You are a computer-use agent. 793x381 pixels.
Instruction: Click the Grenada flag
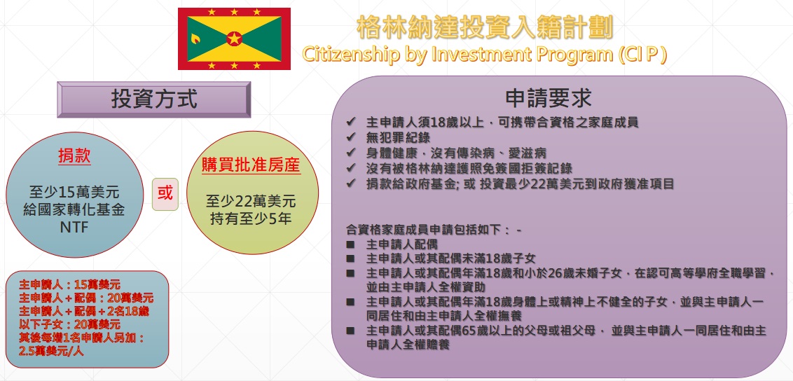click(x=234, y=39)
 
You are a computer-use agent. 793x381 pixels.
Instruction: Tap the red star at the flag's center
click(x=234, y=39)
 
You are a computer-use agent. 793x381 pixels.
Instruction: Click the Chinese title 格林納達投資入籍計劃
click(x=485, y=27)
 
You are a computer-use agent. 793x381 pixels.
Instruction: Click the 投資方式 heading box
click(x=153, y=99)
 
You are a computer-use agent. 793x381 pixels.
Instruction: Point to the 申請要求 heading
click(x=548, y=99)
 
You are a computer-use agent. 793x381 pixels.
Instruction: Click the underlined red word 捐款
click(x=74, y=157)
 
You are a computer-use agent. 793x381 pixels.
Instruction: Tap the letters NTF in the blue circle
click(x=74, y=228)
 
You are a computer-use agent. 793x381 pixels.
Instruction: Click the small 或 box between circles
click(x=165, y=193)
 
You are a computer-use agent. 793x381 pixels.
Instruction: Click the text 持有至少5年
click(x=251, y=221)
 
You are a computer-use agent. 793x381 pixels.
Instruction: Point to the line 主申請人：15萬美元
click(x=69, y=284)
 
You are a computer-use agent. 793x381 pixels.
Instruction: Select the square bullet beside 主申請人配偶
click(x=350, y=245)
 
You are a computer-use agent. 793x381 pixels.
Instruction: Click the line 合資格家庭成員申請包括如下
click(x=434, y=230)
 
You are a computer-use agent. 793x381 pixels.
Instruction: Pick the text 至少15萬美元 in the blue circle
click(x=74, y=193)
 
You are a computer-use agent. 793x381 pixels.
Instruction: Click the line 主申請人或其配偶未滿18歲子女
click(x=450, y=259)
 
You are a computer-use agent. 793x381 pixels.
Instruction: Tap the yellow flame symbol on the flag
click(x=195, y=38)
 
